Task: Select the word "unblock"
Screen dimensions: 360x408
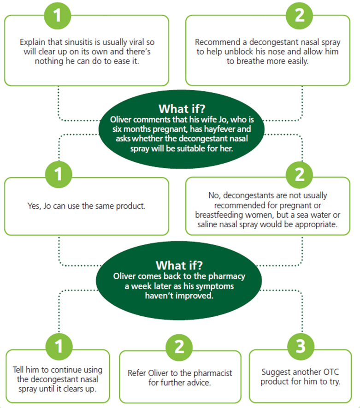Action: pos(239,52)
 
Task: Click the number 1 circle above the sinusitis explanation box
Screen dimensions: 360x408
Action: pos(58,15)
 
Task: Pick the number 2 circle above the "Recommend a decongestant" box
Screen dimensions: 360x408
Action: pos(300,15)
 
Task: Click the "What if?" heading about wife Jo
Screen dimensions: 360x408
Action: pos(182,109)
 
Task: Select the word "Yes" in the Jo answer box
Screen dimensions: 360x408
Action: pos(34,206)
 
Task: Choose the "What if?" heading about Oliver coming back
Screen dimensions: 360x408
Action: pos(179,266)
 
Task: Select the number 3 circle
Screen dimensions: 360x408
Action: pos(301,346)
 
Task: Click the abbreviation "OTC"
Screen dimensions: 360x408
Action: pos(331,372)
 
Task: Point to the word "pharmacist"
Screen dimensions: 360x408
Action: pos(213,373)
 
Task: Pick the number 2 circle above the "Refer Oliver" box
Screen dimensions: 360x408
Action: pos(179,347)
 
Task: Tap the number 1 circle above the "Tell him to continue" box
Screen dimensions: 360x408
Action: pos(59,346)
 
